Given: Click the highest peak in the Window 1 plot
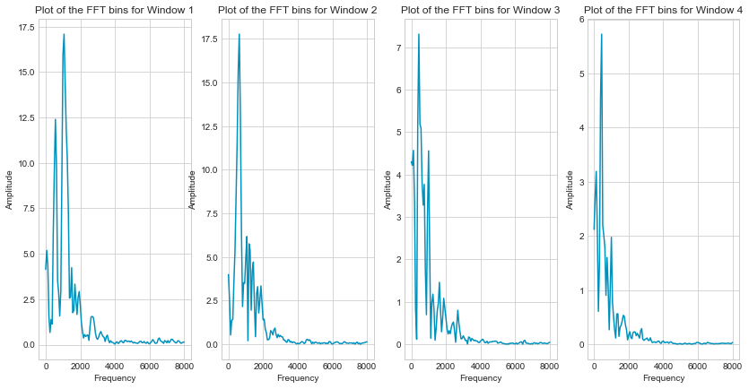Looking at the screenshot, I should coord(64,34).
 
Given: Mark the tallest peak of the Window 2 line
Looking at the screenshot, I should coord(239,34).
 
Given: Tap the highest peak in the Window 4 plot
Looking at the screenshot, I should coord(601,34).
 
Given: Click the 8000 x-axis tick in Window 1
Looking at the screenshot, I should coord(184,367).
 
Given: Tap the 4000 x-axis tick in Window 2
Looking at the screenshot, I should coord(297,367).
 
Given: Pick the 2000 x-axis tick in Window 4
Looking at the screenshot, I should coord(629,367).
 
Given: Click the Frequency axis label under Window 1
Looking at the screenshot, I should coord(114,378).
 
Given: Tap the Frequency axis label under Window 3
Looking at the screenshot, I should coord(480,378).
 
